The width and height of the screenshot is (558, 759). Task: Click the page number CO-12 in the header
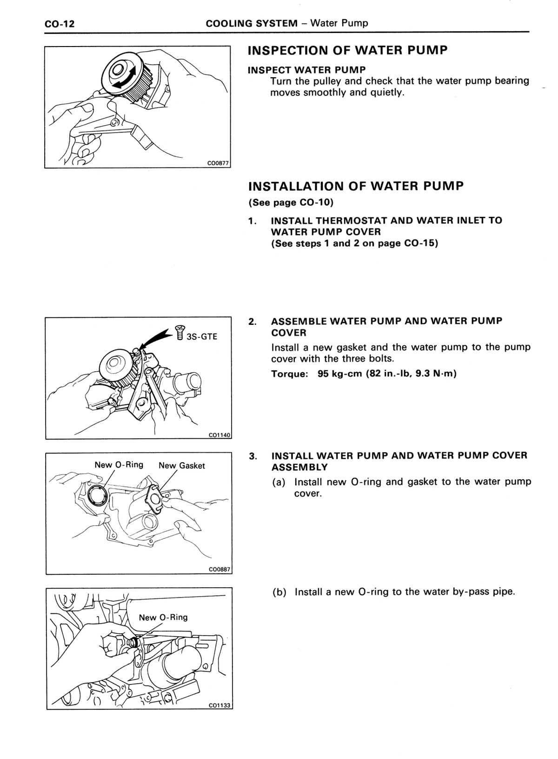pos(60,24)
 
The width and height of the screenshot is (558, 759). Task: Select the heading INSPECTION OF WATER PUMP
pos(348,50)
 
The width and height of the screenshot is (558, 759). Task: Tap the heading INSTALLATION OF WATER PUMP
pos(356,186)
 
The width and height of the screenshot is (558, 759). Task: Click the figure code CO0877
pos(218,164)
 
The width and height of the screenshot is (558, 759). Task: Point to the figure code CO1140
pos(219,435)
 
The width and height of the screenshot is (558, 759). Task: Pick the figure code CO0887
pos(220,570)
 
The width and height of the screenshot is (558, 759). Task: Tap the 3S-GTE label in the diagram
pos(202,336)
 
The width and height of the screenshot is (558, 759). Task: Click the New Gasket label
pos(182,466)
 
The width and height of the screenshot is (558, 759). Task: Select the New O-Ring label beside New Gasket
pos(119,464)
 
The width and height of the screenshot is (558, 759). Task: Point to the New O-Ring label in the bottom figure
pos(163,618)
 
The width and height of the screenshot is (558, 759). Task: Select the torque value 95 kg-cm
pos(339,374)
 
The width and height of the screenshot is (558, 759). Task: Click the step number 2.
pos(252,322)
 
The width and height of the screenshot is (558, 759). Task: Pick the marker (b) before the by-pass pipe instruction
pos(279,592)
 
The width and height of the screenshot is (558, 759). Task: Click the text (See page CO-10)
pos(291,202)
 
